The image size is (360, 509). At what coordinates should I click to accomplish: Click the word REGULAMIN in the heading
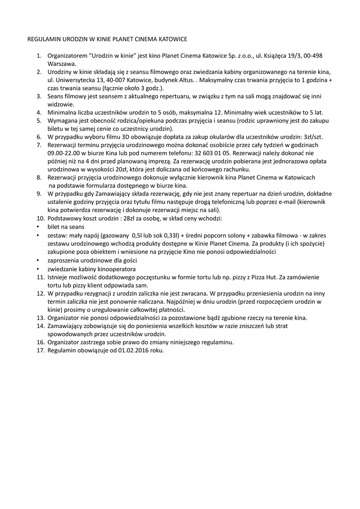[43, 38]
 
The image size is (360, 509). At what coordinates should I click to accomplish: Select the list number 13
[41, 318]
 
